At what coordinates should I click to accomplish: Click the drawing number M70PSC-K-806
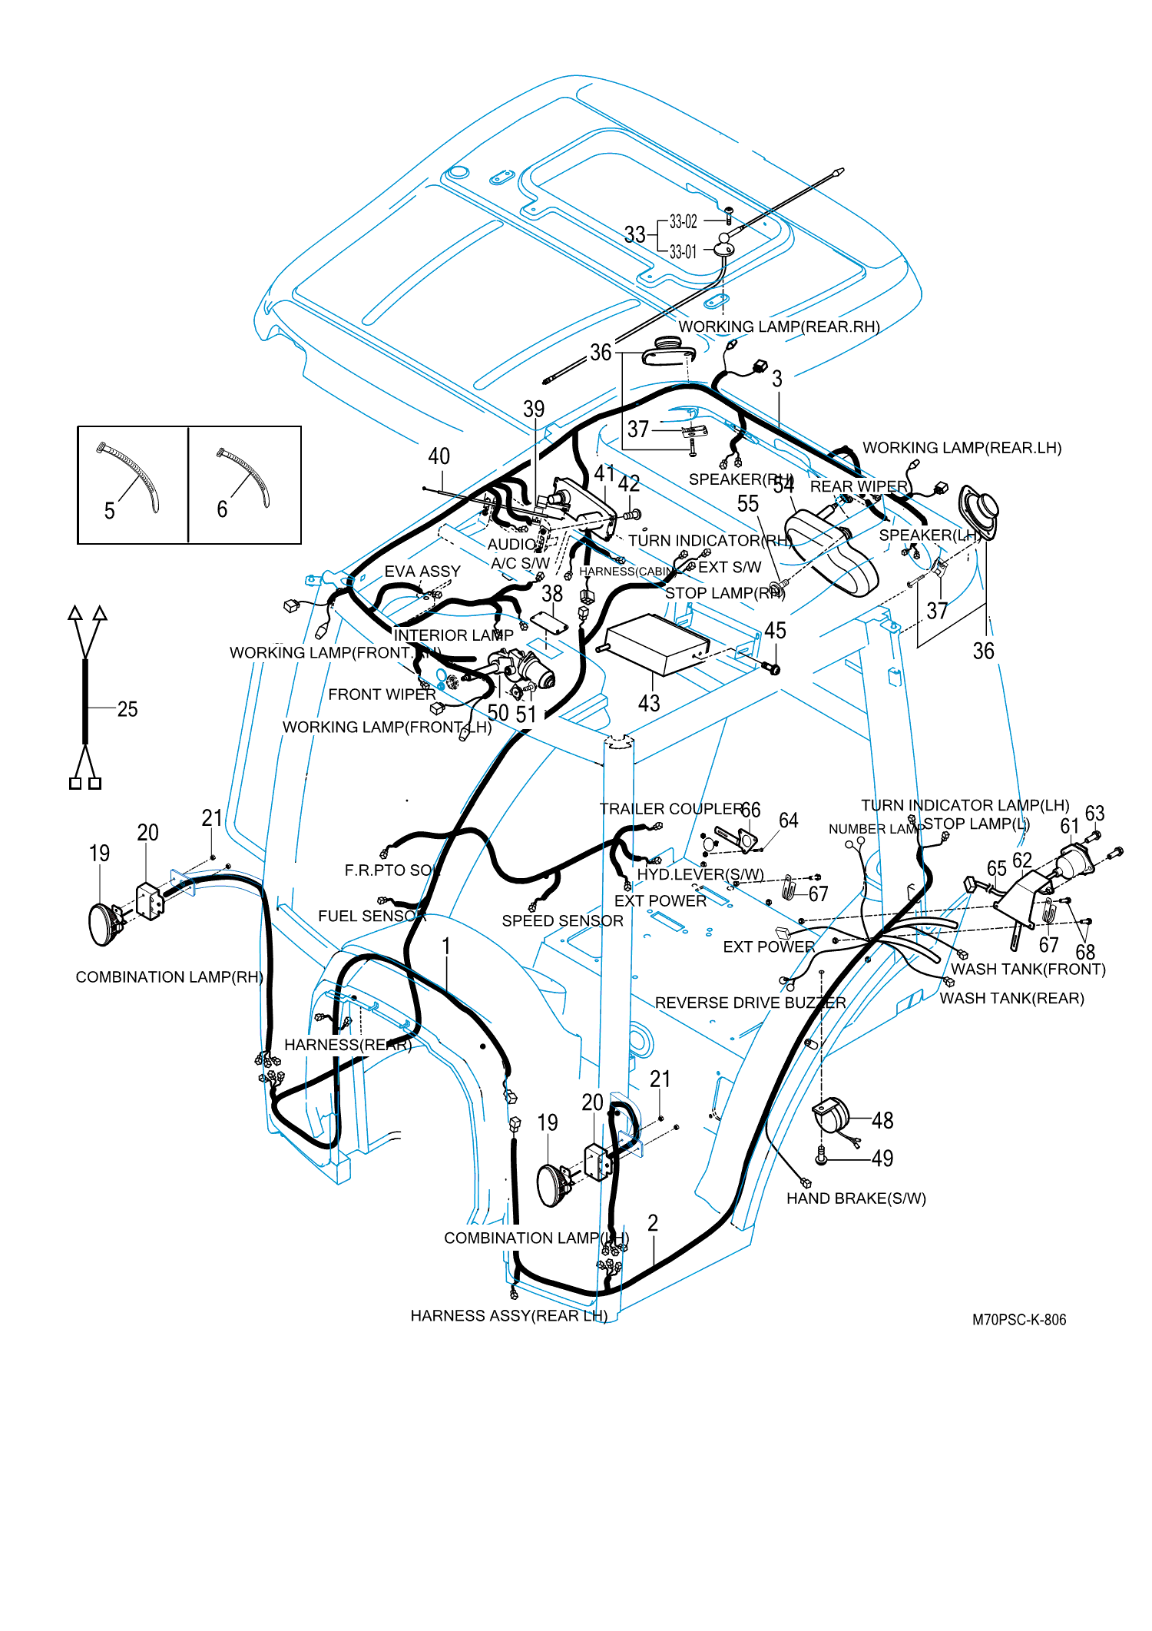pos(1018,1320)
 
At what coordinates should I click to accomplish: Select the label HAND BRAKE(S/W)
pos(856,1198)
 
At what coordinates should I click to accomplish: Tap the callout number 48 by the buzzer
pos(882,1121)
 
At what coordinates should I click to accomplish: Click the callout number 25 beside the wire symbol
pos(127,709)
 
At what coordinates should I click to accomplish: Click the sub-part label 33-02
pos(683,222)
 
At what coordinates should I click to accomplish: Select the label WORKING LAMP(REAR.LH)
pos(962,448)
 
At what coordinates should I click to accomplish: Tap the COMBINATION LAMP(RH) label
pos(169,977)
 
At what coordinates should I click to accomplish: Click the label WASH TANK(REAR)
pos(1011,999)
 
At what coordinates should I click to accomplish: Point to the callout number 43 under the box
pos(649,703)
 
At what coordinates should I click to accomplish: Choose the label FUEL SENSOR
pos(372,916)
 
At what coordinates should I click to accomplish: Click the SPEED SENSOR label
pos(562,921)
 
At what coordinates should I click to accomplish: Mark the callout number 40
pos(439,456)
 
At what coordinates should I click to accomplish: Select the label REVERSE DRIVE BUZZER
pos(750,1003)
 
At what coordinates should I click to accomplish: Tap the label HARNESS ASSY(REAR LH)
pos(508,1316)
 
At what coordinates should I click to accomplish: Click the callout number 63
pos(1094,814)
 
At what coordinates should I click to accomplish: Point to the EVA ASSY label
pos(422,572)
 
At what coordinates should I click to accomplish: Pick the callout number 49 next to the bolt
pos(882,1159)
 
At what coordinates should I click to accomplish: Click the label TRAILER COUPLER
pos(670,809)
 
